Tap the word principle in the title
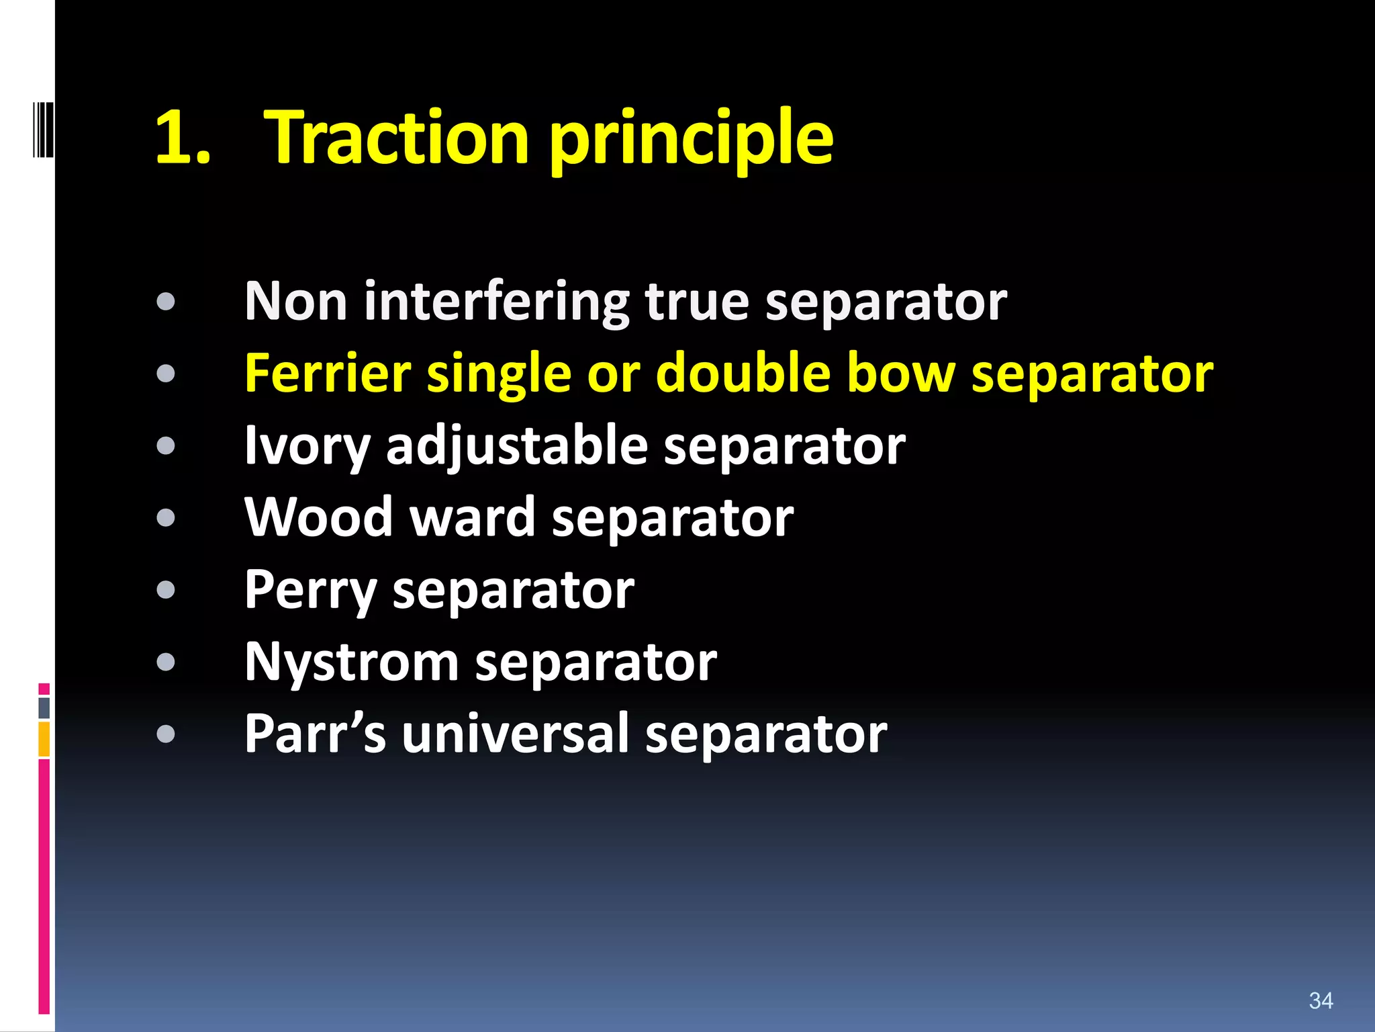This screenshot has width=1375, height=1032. coord(692,141)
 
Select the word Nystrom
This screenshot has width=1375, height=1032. coord(351,662)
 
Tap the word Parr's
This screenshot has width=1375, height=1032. coord(315,734)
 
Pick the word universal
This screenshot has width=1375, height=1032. coord(515,734)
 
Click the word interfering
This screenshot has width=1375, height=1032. coord(496,302)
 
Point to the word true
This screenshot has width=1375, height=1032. coord(696,302)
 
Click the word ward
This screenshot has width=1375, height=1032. coord(473,518)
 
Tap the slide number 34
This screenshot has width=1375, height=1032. coord(1321,1000)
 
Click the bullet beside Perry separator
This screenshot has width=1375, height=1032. coord(165,590)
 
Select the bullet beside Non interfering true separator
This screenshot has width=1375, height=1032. coord(165,302)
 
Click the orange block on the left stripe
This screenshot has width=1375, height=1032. coord(44,739)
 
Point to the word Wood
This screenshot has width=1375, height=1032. coord(318,518)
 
